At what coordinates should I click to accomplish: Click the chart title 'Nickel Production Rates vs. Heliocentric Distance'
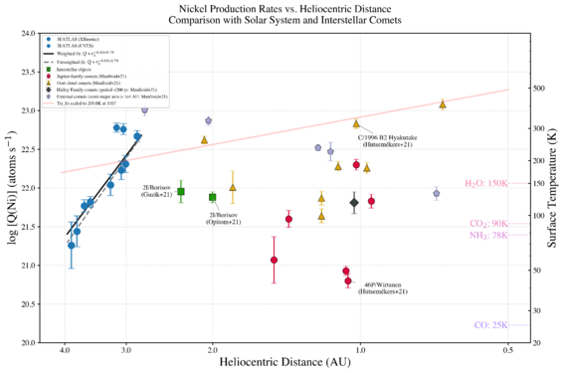coord(281,7)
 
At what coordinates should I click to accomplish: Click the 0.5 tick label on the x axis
coord(508,350)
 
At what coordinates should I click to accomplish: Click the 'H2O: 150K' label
coord(486,183)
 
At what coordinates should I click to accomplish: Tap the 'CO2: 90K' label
coord(486,224)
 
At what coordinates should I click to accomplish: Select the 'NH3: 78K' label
coord(486,235)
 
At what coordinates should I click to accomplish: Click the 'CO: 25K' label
coord(489,324)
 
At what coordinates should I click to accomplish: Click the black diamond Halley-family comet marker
coord(354,203)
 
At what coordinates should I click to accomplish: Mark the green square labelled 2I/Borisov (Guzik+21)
coord(181,191)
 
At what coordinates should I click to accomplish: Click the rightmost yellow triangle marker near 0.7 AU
coord(443,104)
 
